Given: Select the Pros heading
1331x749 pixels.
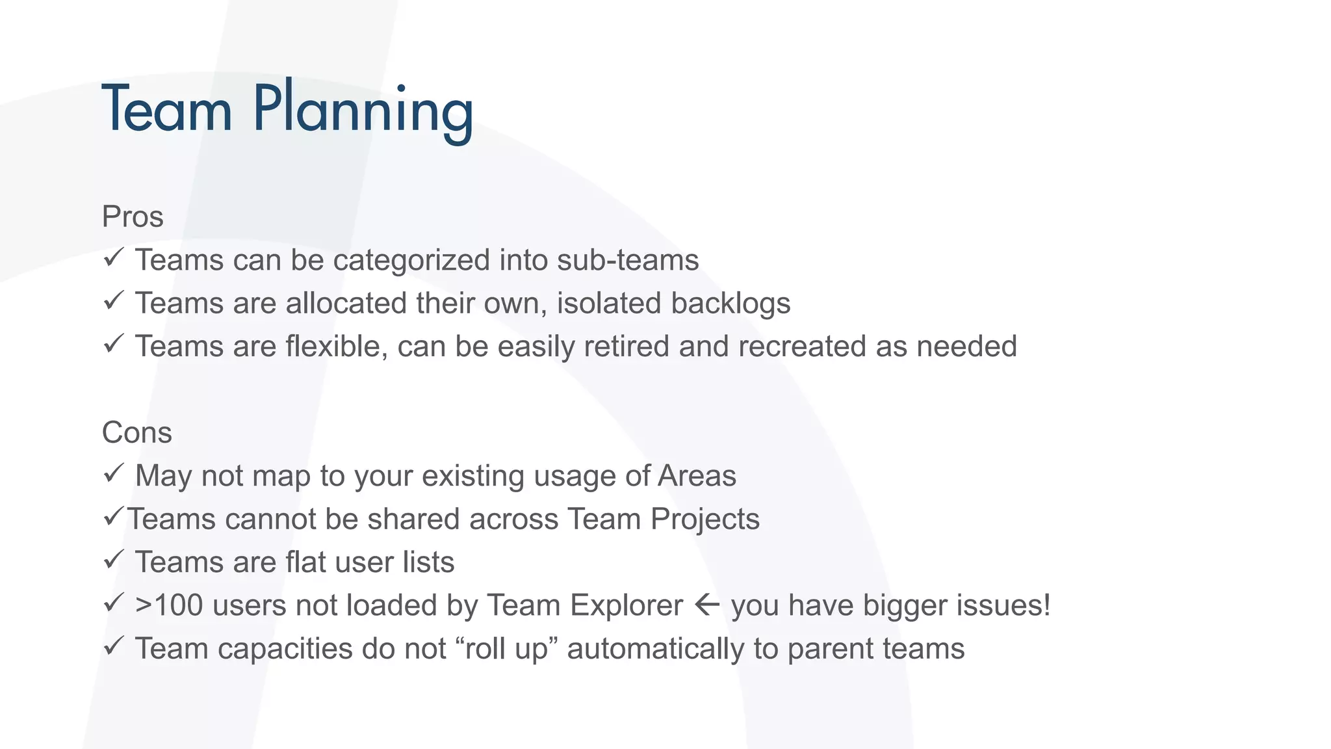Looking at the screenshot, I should click(133, 217).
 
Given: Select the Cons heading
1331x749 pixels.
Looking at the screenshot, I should click(137, 432).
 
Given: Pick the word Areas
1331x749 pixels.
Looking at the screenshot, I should click(697, 476).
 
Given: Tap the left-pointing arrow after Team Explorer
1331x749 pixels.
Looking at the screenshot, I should click(707, 605).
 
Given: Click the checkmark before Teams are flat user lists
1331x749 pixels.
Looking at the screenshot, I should click(113, 560).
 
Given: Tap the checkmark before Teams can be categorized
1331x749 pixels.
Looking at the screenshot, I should click(113, 257).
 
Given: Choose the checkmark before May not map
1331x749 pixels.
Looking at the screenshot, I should click(113, 473).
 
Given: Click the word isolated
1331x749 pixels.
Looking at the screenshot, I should click(609, 304).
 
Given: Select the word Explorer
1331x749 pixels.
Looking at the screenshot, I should click(627, 605).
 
